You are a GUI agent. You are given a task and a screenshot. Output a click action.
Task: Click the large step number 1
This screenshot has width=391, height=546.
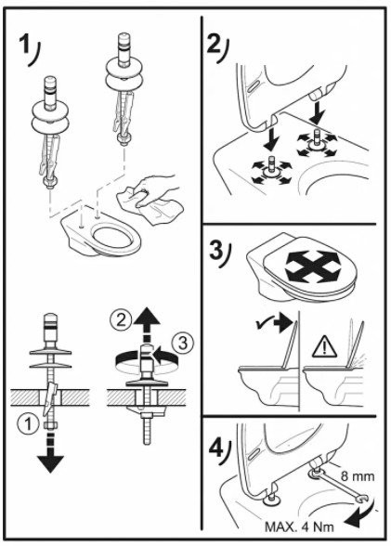[x=26, y=46]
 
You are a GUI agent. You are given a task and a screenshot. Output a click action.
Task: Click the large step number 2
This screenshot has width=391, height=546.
[x=214, y=43]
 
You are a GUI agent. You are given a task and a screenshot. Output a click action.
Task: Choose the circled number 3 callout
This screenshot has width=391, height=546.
[x=182, y=343]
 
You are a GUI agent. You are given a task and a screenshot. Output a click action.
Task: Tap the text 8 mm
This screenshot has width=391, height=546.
[x=358, y=476]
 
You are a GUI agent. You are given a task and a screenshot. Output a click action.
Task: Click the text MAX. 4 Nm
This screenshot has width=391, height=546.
[x=299, y=526]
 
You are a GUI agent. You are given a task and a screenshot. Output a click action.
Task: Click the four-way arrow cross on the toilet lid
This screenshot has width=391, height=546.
[x=313, y=266]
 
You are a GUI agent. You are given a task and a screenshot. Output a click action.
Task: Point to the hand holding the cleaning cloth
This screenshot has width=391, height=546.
[x=154, y=189]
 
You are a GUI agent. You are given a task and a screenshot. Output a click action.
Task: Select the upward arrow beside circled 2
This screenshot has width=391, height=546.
[x=147, y=325]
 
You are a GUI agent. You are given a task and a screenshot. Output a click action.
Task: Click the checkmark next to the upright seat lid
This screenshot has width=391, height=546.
[x=260, y=325]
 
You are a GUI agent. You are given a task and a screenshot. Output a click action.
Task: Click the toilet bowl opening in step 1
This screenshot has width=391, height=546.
[x=111, y=237]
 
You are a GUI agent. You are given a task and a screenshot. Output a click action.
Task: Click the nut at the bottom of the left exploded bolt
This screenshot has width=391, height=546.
[x=47, y=182]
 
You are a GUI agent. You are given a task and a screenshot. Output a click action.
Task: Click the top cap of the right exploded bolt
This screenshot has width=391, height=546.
[x=123, y=37]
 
